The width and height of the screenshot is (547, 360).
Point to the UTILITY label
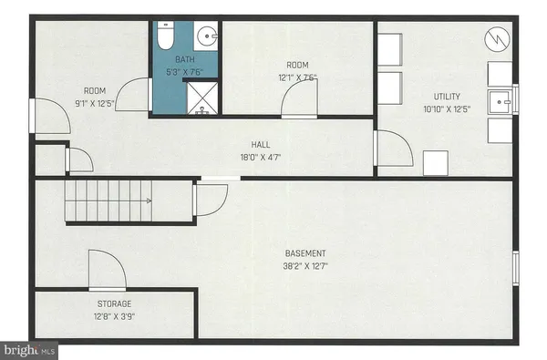[x=447, y=97]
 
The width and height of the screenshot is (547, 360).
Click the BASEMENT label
[x=304, y=253]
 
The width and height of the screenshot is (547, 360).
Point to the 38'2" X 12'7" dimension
[x=304, y=267]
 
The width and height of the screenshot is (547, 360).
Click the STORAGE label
[x=115, y=303]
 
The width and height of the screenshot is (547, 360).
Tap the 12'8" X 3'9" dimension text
[x=115, y=317]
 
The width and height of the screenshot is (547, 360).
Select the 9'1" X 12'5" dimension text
[x=95, y=104]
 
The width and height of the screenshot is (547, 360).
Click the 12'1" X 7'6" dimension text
[x=299, y=77]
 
